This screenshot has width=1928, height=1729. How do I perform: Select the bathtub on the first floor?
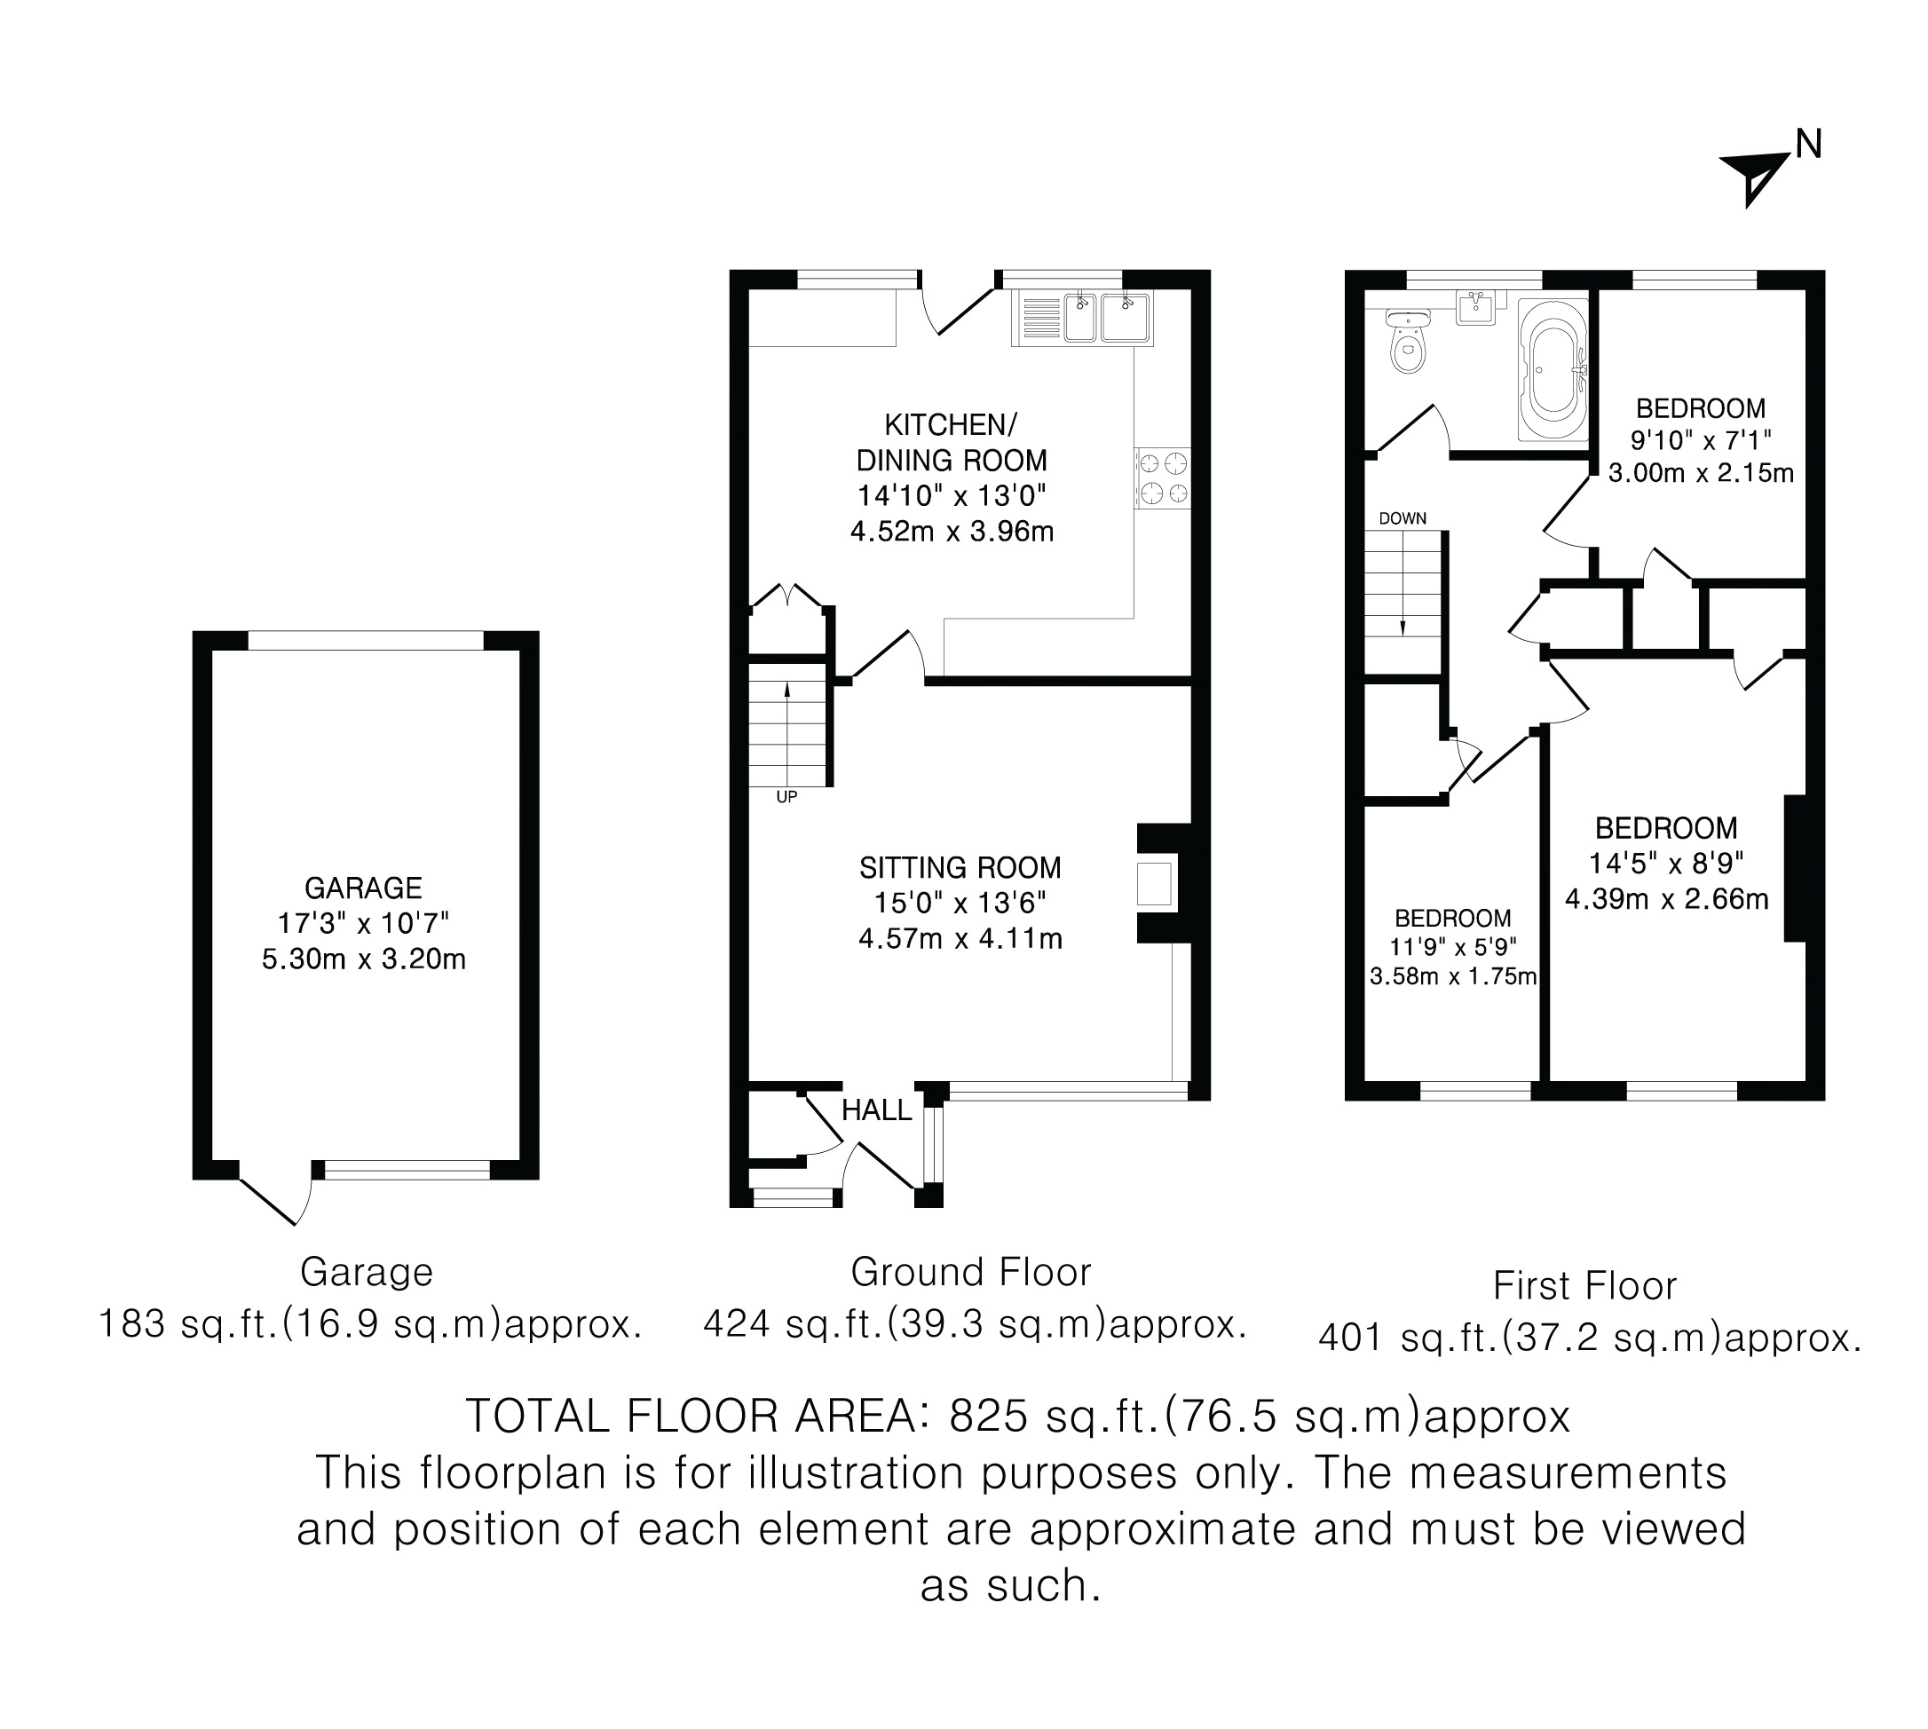coord(1553,369)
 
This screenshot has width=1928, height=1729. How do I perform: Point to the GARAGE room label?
coord(363,888)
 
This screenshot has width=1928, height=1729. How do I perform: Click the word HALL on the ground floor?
coord(876,1109)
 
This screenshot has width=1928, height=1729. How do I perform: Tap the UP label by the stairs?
coord(786,797)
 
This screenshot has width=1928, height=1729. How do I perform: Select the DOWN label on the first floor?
coord(1403,518)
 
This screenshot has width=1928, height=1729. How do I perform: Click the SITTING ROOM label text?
coord(960,867)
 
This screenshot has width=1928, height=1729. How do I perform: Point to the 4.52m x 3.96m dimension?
coord(952,531)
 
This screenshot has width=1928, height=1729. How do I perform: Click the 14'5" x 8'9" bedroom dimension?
coord(1667,863)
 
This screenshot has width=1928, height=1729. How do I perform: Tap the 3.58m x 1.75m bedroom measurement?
coord(1453,975)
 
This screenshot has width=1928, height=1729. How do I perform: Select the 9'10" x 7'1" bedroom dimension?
coord(1701,440)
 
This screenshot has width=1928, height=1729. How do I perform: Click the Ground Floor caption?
coord(971,1272)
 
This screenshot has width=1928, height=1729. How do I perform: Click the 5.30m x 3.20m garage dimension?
coord(364,959)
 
